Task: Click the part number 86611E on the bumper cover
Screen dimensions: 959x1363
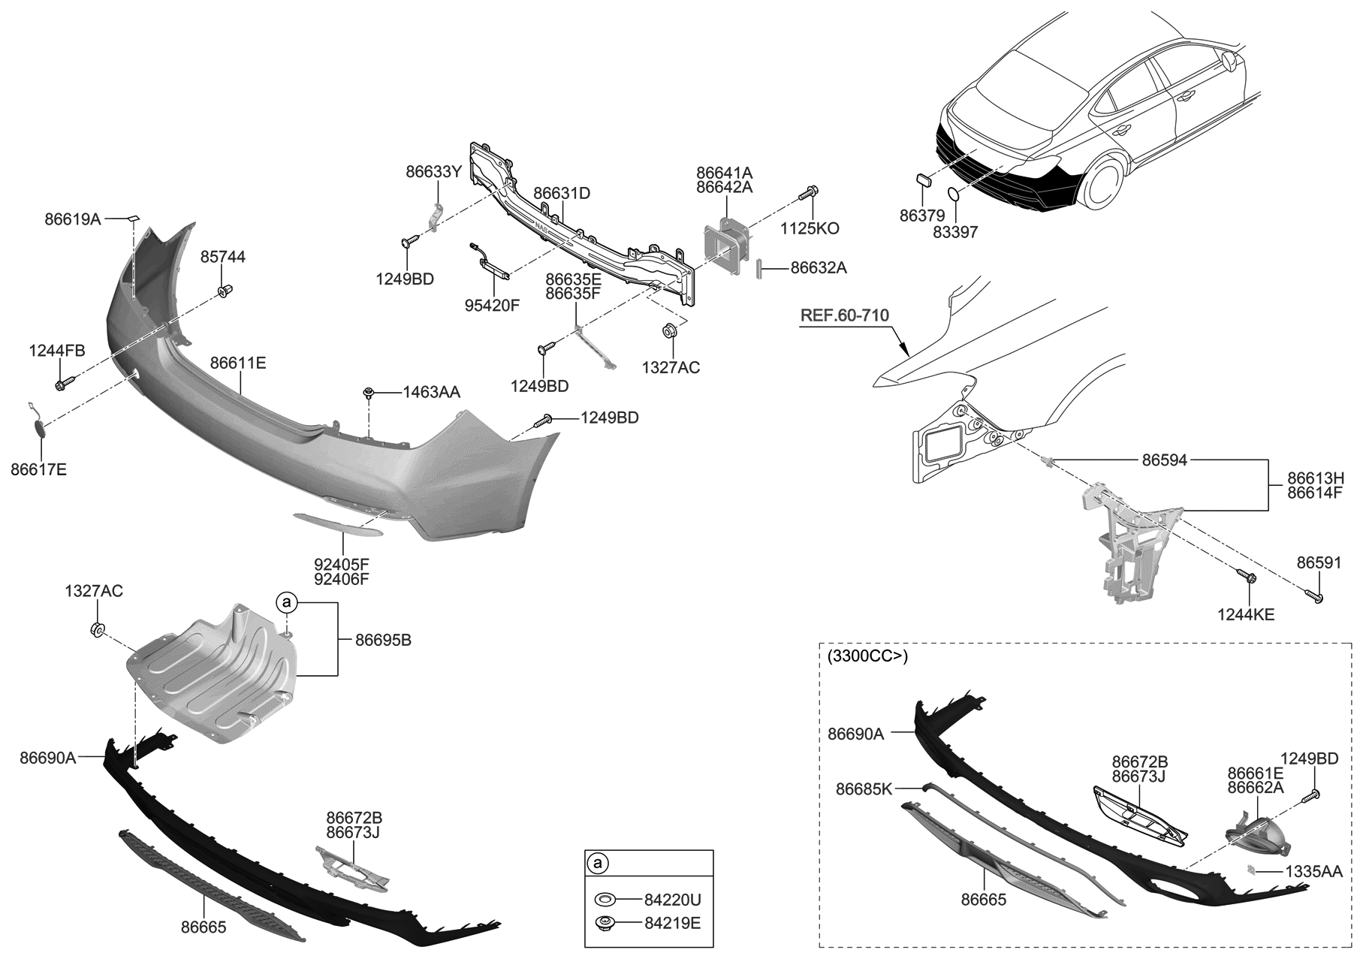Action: click(237, 363)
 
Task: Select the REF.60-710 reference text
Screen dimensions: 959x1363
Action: click(844, 315)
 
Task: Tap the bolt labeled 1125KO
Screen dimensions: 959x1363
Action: click(810, 193)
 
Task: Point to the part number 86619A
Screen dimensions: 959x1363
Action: click(72, 219)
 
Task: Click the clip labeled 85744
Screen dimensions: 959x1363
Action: click(223, 290)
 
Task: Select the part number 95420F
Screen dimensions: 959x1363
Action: click(493, 305)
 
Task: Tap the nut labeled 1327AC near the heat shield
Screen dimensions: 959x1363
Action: click(98, 629)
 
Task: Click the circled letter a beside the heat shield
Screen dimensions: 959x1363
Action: click(285, 602)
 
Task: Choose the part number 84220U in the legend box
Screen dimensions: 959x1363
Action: click(672, 899)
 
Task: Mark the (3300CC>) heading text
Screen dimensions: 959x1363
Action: click(867, 656)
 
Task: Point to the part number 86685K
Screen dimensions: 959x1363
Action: click(864, 789)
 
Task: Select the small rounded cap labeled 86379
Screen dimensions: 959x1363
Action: click(923, 179)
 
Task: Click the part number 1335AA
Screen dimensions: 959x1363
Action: click(1313, 872)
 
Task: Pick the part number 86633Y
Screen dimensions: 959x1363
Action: click(433, 171)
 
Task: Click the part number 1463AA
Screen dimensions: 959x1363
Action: click(431, 392)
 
